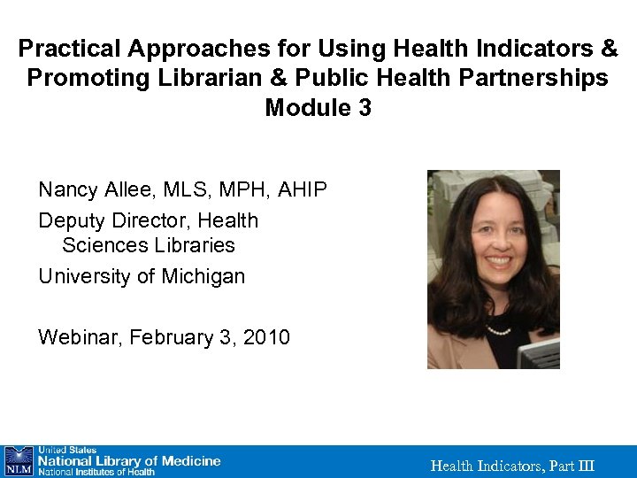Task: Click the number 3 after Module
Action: (365, 109)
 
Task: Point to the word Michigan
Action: (203, 276)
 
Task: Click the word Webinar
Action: (80, 337)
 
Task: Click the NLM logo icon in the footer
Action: (18, 461)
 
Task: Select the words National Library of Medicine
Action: (129, 460)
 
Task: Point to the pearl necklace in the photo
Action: (499, 331)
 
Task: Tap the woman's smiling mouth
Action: (499, 263)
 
